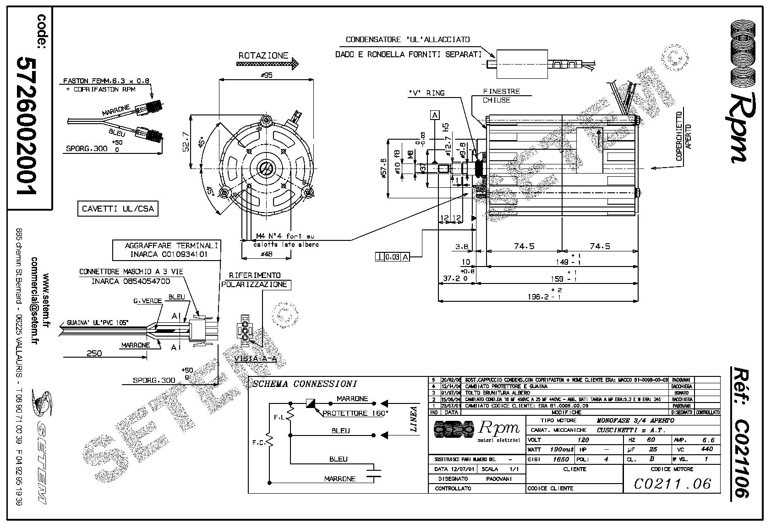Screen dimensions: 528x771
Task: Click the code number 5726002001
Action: coord(26,126)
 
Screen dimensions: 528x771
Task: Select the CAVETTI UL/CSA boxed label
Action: coord(118,209)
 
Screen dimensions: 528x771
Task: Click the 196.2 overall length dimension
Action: coord(538,296)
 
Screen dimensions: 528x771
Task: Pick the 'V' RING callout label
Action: coord(427,93)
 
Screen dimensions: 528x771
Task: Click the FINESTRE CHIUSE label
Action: coord(502,96)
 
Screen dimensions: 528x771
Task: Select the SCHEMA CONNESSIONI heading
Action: coord(305,384)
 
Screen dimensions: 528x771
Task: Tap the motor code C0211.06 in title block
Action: coord(673,484)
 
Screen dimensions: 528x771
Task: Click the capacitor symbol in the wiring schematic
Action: coord(376,473)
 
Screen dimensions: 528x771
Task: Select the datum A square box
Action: coord(435,115)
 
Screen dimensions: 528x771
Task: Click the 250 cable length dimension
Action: coord(94,353)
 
